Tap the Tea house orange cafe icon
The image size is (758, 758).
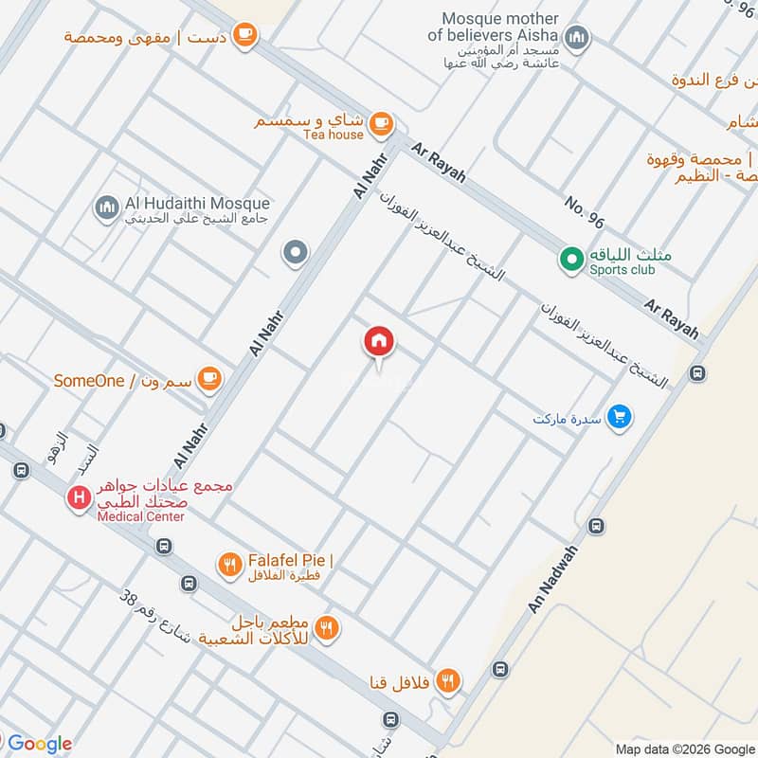[381, 122]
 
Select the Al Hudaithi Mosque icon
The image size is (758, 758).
[107, 206]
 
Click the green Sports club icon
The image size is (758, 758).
[571, 257]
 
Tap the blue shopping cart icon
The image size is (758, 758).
[620, 416]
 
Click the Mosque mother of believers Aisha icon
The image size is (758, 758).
[577, 39]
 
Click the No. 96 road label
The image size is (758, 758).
[584, 213]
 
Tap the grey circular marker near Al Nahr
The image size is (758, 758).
[296, 253]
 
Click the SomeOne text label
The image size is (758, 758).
[89, 381]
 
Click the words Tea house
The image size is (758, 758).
[333, 135]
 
